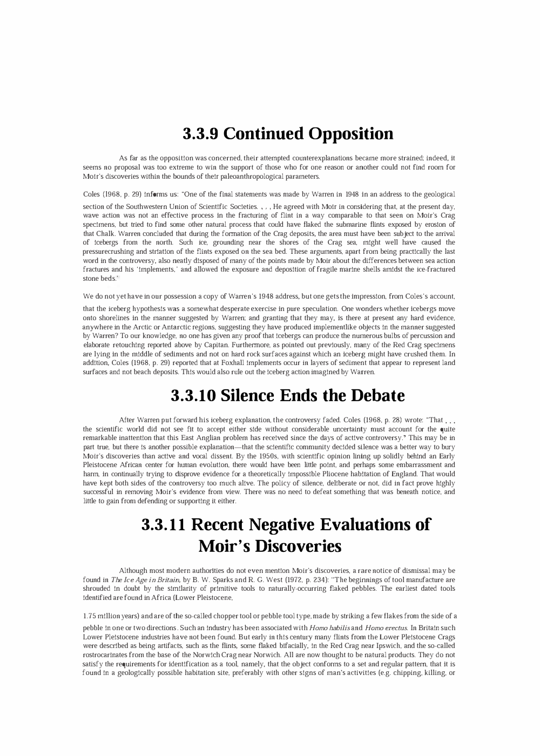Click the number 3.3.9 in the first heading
pos(201,133)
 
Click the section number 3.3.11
pos(164,524)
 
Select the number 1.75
pos(90,616)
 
